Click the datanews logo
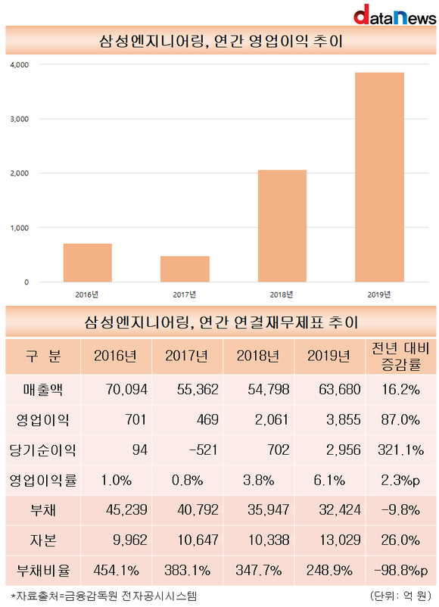[394, 15]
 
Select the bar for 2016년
[88, 263]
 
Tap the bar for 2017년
[185, 269]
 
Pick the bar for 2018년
[282, 226]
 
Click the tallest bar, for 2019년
[379, 177]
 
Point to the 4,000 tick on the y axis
[20, 64]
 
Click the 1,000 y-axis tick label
[20, 228]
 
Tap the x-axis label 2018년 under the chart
[282, 294]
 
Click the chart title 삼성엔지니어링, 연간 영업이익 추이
[221, 41]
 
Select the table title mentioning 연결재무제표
[221, 322]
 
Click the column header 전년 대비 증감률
[400, 356]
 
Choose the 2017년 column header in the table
[187, 356]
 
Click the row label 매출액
[42, 390]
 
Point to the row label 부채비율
[43, 570]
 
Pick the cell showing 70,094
[126, 390]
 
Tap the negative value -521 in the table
[204, 450]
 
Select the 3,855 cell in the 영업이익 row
[344, 419]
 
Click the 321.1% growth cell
[400, 450]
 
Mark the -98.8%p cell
[400, 570]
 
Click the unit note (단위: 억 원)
[400, 596]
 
